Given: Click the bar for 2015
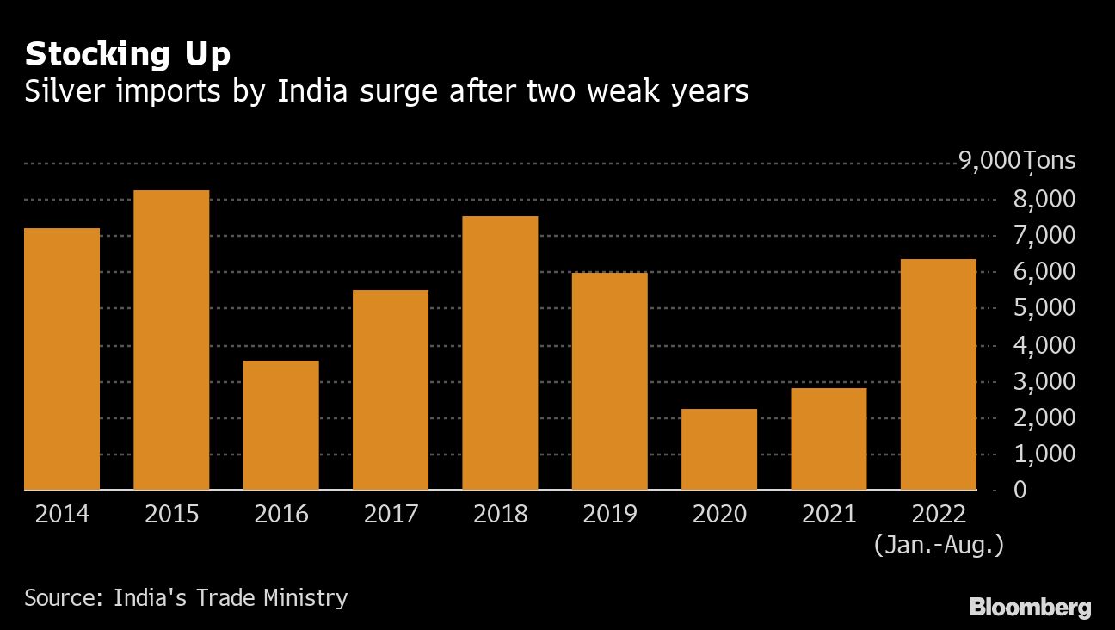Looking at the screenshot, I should (171, 340).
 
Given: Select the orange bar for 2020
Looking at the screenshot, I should (719, 449).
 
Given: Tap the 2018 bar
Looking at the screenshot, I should (500, 353).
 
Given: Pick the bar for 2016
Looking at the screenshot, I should (280, 425).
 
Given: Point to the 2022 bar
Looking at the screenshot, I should (938, 374).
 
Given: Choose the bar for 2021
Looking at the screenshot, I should (829, 439).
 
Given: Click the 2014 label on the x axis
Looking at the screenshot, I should (62, 515).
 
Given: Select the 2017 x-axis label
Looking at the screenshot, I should (391, 515).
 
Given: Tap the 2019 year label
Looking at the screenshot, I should (610, 515).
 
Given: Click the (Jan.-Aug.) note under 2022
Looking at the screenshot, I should (938, 545).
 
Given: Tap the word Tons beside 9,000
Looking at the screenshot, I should (1050, 161).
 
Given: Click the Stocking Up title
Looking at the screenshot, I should (127, 55).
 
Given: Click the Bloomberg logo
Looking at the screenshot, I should (1030, 608).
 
